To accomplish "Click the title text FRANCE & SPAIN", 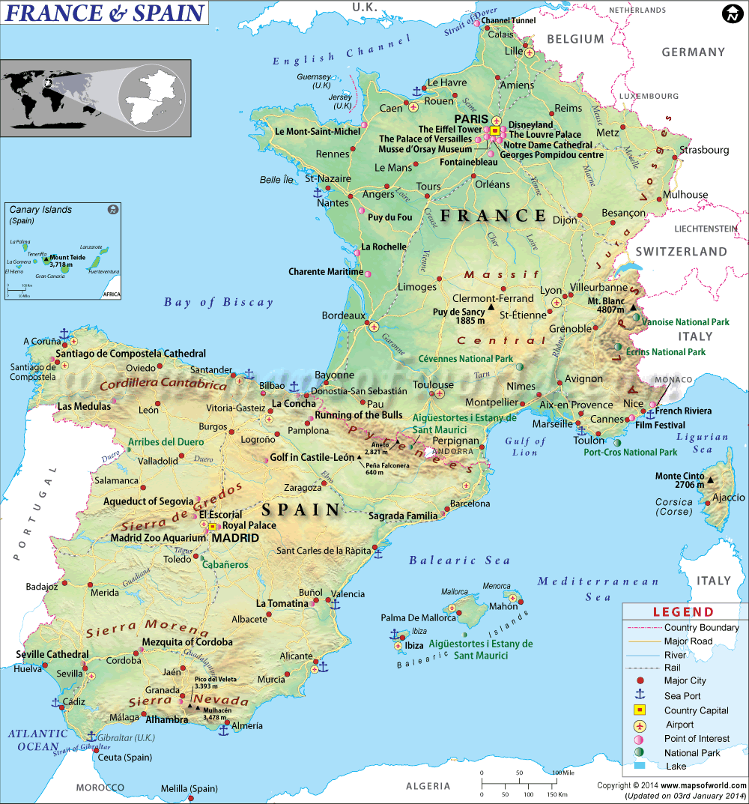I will pos(106,13).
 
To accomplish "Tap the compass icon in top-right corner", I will pos(732,13).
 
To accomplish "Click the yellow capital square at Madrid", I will pos(212,527).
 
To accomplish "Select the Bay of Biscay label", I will pos(219,303).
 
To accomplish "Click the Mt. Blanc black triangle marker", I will pos(634,307).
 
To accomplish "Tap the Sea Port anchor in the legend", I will pos(640,695).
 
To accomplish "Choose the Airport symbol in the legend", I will pos(640,725).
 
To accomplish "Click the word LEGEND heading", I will pos(683,611).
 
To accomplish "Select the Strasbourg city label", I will pos(703,150).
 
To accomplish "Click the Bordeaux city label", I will pos(343,315).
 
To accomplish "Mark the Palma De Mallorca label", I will pos(418,618).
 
